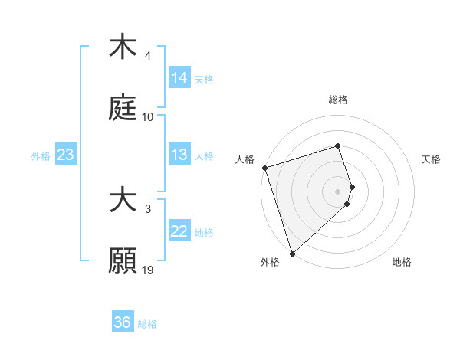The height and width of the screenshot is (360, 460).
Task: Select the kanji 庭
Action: coord(123,107)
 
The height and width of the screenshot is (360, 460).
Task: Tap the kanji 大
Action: coord(123,201)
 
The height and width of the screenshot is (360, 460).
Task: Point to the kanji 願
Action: coord(123,260)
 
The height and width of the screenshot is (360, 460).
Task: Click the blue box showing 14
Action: coord(179,78)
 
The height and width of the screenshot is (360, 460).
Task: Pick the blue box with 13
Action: coord(179,155)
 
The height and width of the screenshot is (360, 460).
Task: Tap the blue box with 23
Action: coord(66,155)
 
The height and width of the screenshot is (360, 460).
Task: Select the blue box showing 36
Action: coord(123,322)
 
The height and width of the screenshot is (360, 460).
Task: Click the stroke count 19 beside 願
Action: coord(148,270)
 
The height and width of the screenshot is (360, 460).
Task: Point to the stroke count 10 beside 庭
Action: coord(148,117)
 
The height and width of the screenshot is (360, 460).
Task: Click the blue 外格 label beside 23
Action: coord(41,156)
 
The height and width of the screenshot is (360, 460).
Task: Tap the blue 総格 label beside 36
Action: coord(147,324)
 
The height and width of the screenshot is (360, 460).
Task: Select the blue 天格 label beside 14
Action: coord(204,80)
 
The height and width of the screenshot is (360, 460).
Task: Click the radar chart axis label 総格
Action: coord(338,100)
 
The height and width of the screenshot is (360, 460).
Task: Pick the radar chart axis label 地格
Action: coord(402,262)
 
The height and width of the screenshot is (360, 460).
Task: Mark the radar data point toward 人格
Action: coord(264,168)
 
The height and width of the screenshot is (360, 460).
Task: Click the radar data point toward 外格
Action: coord(292,253)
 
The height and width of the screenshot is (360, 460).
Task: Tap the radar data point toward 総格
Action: coord(338,146)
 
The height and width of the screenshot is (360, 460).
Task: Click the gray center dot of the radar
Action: coord(338,191)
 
